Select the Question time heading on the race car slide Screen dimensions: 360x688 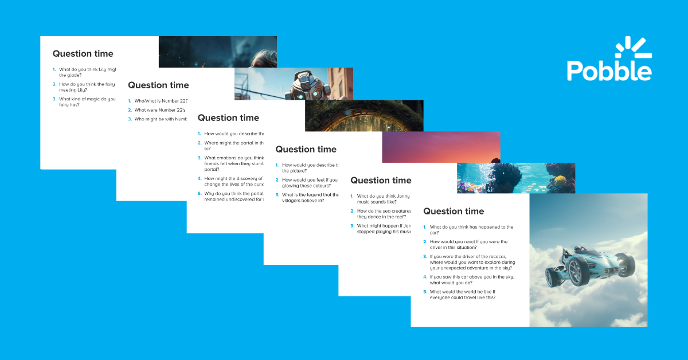click(453, 211)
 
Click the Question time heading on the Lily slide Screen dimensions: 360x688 click(83, 54)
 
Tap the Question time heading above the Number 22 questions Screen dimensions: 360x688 click(158, 85)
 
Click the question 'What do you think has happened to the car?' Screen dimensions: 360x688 click(471, 230)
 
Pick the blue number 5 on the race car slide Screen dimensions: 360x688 click(425, 291)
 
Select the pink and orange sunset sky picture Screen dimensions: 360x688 click(441, 147)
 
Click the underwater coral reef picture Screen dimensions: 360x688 click(515, 178)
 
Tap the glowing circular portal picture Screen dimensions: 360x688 click(363, 116)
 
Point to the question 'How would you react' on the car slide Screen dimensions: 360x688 click(468, 245)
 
